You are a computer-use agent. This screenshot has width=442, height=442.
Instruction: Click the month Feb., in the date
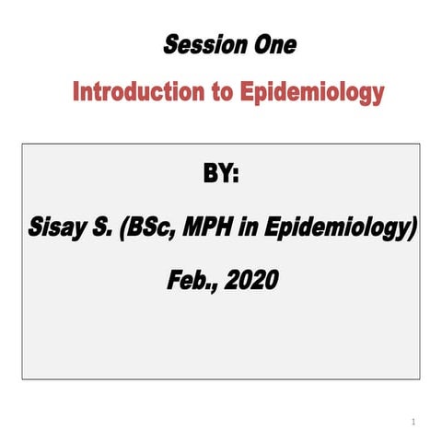[x=191, y=279]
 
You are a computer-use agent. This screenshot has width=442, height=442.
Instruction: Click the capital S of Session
[x=171, y=44]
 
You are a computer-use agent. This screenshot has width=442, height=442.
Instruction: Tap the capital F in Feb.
[x=174, y=278]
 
